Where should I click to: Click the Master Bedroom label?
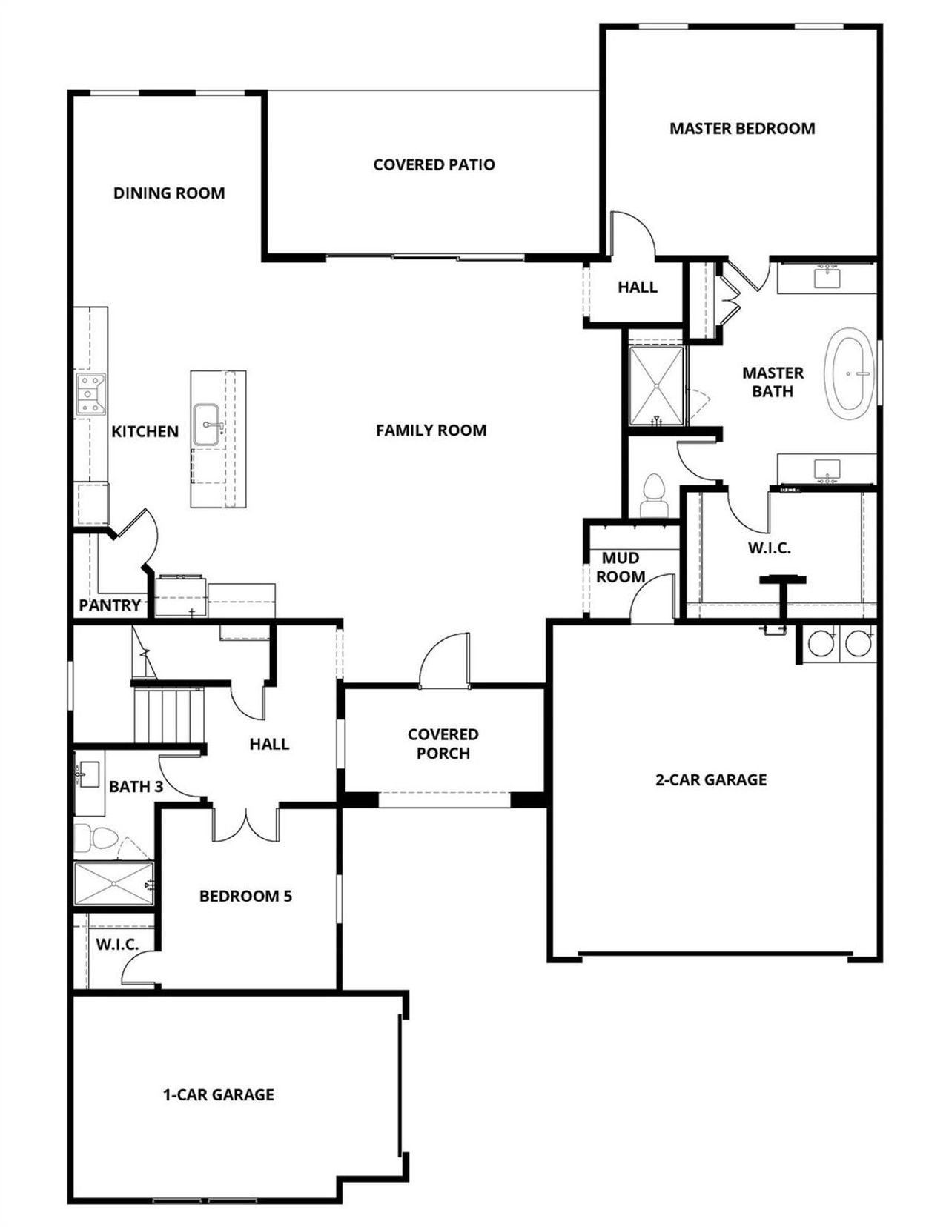coord(742,128)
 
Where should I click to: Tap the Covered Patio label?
coord(434,164)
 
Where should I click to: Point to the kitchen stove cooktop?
coord(92,393)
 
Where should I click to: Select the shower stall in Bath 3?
coord(113,883)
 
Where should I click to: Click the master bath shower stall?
coord(656,385)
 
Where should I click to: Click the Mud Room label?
coord(621,567)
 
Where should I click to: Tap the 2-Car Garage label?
coord(710,779)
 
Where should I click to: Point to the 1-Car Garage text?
coord(219,1094)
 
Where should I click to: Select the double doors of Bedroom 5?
coord(245,825)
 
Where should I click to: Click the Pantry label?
coord(110,605)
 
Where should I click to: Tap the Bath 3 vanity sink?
coord(88,775)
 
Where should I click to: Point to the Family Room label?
coord(431,430)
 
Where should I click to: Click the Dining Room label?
coord(169,193)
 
